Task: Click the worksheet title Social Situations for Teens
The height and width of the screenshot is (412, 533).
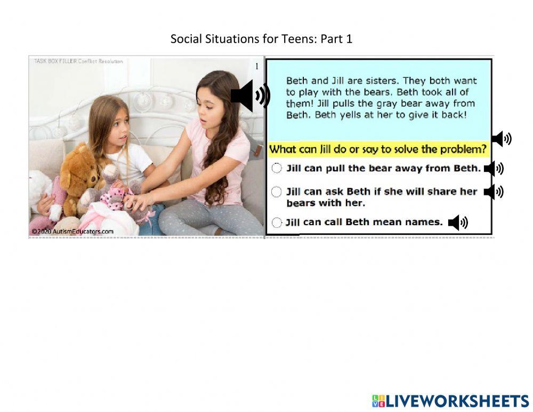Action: click(261, 39)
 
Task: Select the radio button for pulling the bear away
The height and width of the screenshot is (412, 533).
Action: click(277, 168)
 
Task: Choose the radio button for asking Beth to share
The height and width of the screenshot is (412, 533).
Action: click(277, 191)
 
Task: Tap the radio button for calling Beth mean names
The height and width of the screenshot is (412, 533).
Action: click(277, 223)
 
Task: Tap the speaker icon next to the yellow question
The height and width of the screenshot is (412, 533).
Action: click(501, 139)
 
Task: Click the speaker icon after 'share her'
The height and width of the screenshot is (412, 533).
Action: click(493, 192)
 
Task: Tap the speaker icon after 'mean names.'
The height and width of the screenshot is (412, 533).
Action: click(457, 223)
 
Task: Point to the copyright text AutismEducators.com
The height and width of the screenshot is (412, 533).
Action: click(72, 231)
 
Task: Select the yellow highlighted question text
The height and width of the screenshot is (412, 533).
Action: click(378, 149)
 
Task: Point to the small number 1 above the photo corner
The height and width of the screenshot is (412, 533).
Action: click(256, 67)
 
